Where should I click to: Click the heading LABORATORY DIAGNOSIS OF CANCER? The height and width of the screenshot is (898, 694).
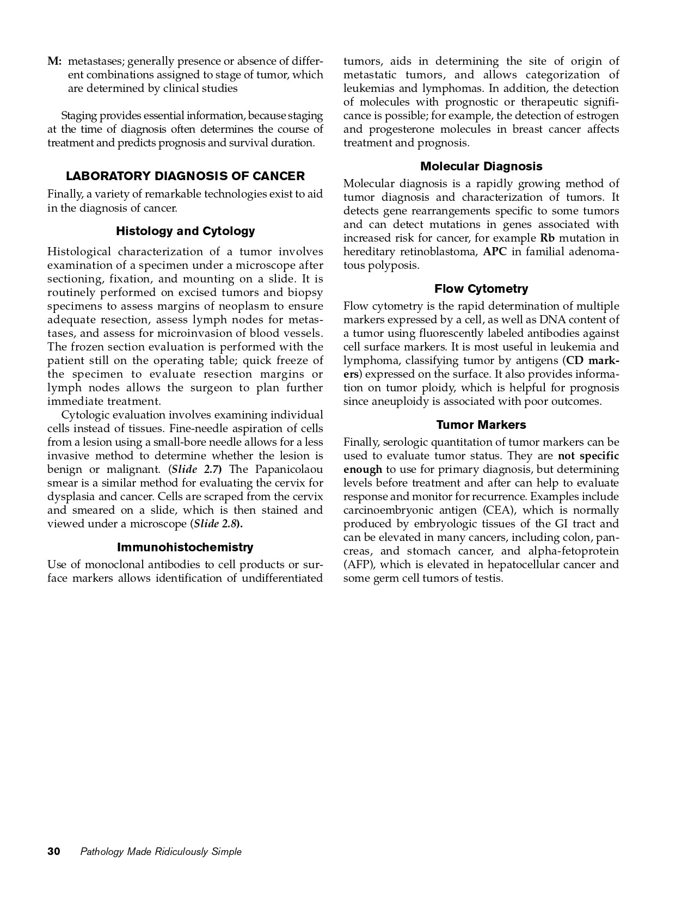click(x=185, y=176)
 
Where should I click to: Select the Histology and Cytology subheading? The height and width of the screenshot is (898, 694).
click(x=185, y=231)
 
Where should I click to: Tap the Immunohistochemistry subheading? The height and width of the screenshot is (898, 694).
click(x=185, y=548)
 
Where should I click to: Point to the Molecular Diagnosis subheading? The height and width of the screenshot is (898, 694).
click(x=481, y=167)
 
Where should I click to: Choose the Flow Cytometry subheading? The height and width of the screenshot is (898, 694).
click(x=481, y=289)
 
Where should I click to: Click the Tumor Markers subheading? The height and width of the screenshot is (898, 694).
click(x=481, y=425)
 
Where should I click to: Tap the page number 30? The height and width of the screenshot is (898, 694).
click(x=54, y=852)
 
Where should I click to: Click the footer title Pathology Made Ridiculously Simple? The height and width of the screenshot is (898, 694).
click(x=161, y=852)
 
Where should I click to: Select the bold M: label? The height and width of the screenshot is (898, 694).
click(x=54, y=61)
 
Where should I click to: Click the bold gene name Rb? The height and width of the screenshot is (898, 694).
click(x=546, y=238)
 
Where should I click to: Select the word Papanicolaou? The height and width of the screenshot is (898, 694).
click(x=289, y=470)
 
